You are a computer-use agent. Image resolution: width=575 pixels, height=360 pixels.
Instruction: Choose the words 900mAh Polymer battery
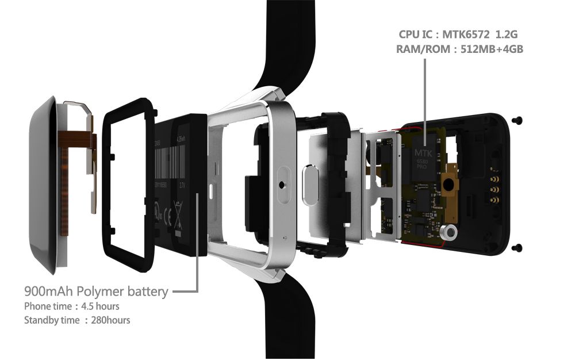pyautogui.click(x=97, y=291)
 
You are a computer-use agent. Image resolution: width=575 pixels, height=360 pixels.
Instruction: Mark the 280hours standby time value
pyautogui.click(x=110, y=320)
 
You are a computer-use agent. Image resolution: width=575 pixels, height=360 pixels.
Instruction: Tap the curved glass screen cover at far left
pyautogui.click(x=43, y=184)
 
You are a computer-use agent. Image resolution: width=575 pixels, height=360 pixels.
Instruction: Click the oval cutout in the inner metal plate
pyautogui.click(x=311, y=185)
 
